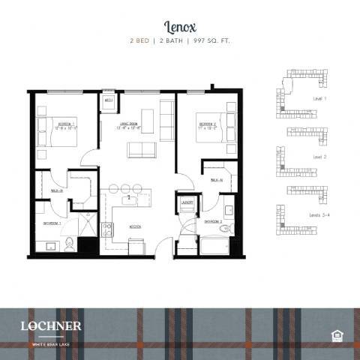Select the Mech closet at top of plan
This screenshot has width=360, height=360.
pyautogui.click(x=109, y=100)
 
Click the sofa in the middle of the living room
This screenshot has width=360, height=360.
pyautogui.click(x=142, y=149)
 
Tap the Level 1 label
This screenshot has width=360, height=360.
pyautogui.click(x=321, y=98)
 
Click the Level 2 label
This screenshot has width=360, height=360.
pyautogui.click(x=319, y=157)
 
